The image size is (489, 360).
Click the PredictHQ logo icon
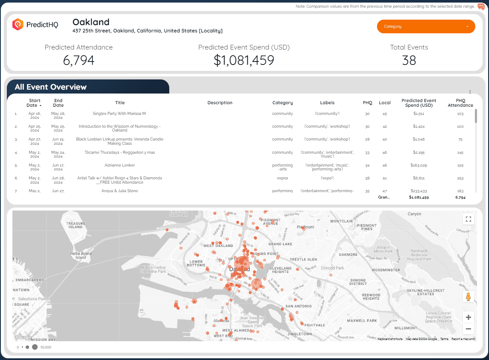coord(18,25)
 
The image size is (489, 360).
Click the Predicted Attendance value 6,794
coord(79,60)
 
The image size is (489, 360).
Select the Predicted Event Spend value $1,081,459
coord(244,60)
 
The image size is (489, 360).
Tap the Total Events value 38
coord(409,60)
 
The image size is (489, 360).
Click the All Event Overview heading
coord(50,87)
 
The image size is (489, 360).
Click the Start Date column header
coord(35,103)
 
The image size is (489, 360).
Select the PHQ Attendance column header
coord(460,103)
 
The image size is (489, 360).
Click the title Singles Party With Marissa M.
coord(120,114)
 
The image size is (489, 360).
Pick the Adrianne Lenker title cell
coord(120,165)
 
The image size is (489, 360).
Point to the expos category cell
coord(283,178)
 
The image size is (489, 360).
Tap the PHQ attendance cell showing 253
coord(460,178)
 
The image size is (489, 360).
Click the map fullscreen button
coord(468,219)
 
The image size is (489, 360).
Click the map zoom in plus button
coord(468,317)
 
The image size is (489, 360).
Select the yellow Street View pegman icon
coord(468,297)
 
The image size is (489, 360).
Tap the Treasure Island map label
coord(75,225)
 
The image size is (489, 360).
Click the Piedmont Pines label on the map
coord(367,227)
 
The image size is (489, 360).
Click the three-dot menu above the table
coord(470,92)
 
